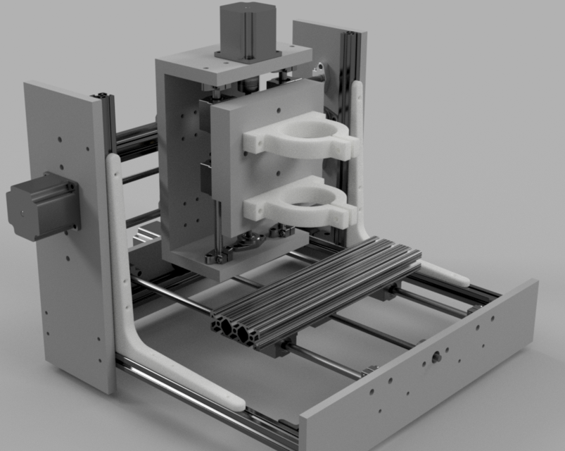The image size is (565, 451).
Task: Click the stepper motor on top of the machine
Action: (x=248, y=30)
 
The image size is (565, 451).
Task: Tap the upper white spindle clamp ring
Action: (x=303, y=137)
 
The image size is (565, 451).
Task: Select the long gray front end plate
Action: (x=422, y=381)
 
